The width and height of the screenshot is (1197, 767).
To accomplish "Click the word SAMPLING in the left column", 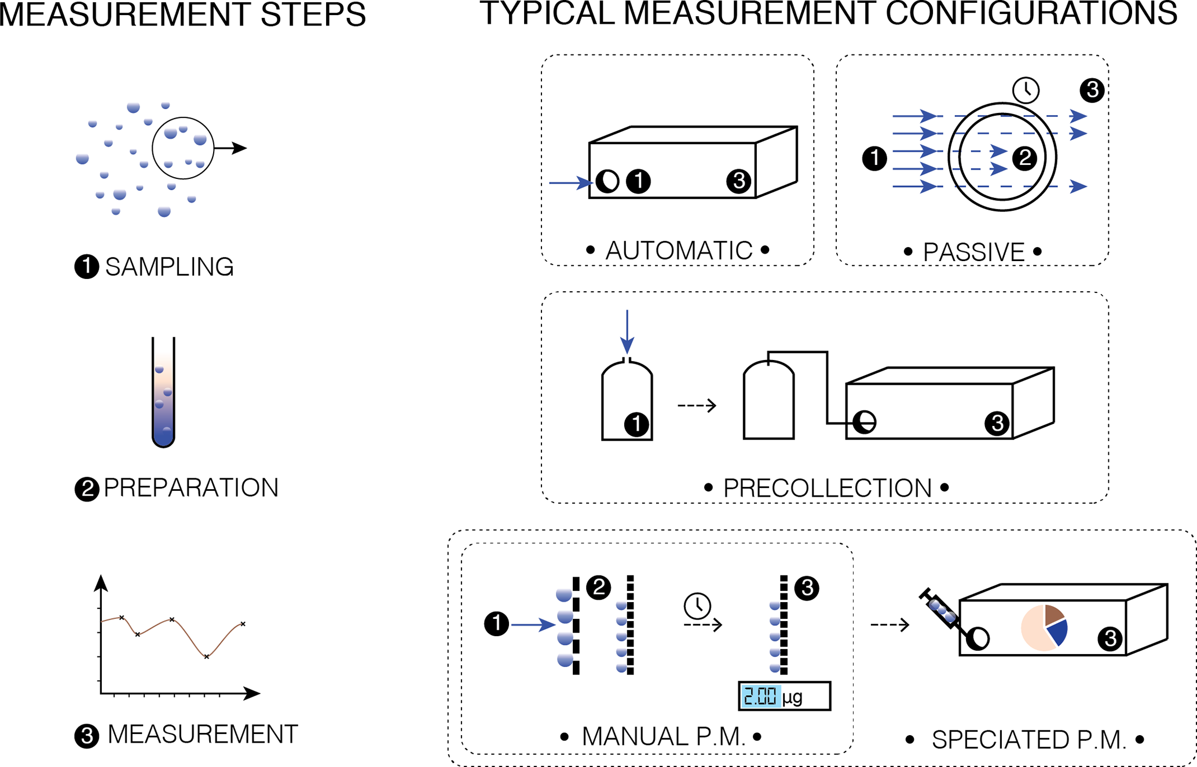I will click(x=169, y=267).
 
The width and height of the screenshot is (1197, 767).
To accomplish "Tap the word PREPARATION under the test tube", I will click(x=191, y=488).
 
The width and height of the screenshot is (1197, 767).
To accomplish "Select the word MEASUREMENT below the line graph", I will click(x=203, y=735).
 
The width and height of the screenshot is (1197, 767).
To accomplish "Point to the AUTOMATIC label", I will click(x=678, y=251).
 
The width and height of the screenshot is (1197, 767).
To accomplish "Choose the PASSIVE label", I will click(x=973, y=252).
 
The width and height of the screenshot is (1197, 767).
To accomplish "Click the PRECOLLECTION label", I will click(x=827, y=488).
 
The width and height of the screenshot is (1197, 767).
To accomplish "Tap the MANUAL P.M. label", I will click(x=663, y=737).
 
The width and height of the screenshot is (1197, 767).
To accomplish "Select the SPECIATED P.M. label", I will click(x=1028, y=740).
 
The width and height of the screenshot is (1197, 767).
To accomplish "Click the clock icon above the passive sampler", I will click(x=1026, y=90).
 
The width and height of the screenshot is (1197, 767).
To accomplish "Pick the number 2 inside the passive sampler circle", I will click(x=1024, y=157).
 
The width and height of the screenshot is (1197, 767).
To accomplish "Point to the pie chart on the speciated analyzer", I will click(x=1044, y=628).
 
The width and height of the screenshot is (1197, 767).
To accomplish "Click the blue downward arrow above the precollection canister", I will click(x=627, y=331).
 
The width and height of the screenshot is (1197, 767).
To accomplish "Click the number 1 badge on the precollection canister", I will click(x=636, y=424).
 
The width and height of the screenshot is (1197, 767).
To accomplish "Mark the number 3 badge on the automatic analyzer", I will click(x=738, y=181).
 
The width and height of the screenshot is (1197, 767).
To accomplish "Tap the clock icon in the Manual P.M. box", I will click(x=697, y=605).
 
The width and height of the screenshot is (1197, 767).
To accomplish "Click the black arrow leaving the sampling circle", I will click(x=231, y=148).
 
